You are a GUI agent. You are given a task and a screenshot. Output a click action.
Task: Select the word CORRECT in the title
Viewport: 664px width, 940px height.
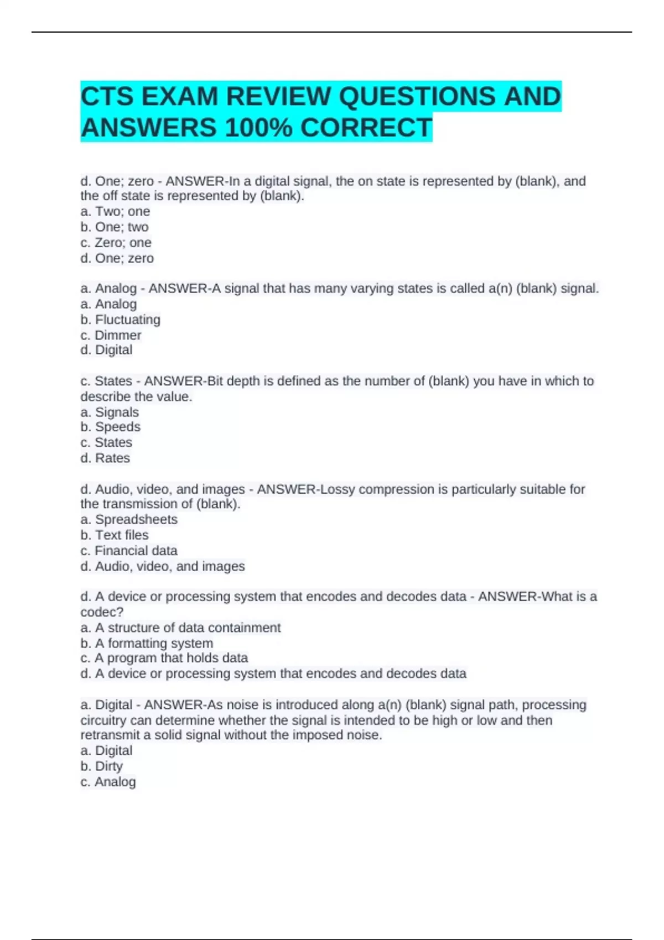click(x=366, y=128)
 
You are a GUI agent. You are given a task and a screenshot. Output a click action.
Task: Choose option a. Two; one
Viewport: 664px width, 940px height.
click(x=115, y=212)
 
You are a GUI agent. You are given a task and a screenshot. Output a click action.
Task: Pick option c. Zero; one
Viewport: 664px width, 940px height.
click(x=116, y=243)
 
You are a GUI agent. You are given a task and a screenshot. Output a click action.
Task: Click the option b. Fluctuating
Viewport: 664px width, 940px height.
click(x=120, y=320)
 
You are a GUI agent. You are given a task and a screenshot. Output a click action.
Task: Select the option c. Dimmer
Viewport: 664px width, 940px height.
click(x=111, y=335)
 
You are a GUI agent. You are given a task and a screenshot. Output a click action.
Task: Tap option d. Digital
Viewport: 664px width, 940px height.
click(x=106, y=350)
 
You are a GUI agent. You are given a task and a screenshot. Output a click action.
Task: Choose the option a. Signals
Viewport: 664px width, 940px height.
click(x=110, y=412)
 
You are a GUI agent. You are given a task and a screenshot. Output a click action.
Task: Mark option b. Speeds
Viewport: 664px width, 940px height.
click(x=110, y=427)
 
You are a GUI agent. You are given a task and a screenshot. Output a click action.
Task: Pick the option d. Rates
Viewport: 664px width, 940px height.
click(x=105, y=458)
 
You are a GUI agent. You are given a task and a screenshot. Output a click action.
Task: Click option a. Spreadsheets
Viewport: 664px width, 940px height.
click(x=129, y=519)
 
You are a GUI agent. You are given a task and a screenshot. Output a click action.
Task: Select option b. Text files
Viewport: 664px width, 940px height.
click(x=115, y=535)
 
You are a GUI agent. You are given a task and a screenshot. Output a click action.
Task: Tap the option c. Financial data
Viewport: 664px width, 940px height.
click(x=129, y=551)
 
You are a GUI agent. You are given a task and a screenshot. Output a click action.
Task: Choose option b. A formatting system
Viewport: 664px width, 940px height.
click(x=147, y=643)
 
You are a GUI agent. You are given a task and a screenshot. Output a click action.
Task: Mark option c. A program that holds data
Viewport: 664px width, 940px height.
click(x=164, y=658)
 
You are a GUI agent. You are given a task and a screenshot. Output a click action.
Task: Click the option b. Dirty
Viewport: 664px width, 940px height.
click(x=101, y=766)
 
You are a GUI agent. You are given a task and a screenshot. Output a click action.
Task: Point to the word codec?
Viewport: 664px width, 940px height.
click(x=102, y=612)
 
